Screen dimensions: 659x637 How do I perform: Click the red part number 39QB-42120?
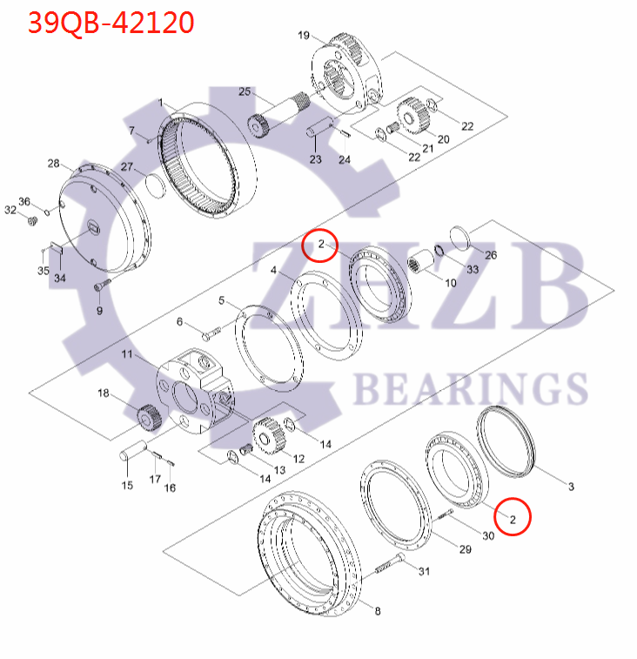click(x=111, y=23)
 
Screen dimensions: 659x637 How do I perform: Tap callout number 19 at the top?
click(x=303, y=36)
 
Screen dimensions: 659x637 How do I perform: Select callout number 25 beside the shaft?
click(x=245, y=91)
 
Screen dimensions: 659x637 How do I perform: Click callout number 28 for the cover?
click(x=53, y=164)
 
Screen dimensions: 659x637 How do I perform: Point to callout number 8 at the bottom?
click(x=377, y=611)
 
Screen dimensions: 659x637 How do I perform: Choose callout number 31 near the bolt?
click(x=424, y=571)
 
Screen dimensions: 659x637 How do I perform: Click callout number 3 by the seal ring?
click(x=571, y=486)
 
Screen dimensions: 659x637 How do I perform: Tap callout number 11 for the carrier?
click(x=128, y=354)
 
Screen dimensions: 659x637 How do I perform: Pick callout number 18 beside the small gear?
click(x=104, y=393)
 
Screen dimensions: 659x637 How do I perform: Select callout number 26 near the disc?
click(x=491, y=255)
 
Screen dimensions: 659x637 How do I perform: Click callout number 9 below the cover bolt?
click(x=98, y=310)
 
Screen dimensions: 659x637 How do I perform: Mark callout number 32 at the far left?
click(x=10, y=210)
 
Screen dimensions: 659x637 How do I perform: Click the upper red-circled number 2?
click(x=322, y=245)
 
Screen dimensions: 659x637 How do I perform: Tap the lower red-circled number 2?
click(x=513, y=519)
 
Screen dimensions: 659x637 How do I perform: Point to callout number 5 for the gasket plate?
click(x=222, y=300)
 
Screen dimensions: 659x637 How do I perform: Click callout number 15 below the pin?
click(x=127, y=484)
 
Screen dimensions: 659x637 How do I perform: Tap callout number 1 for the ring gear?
click(x=161, y=103)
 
